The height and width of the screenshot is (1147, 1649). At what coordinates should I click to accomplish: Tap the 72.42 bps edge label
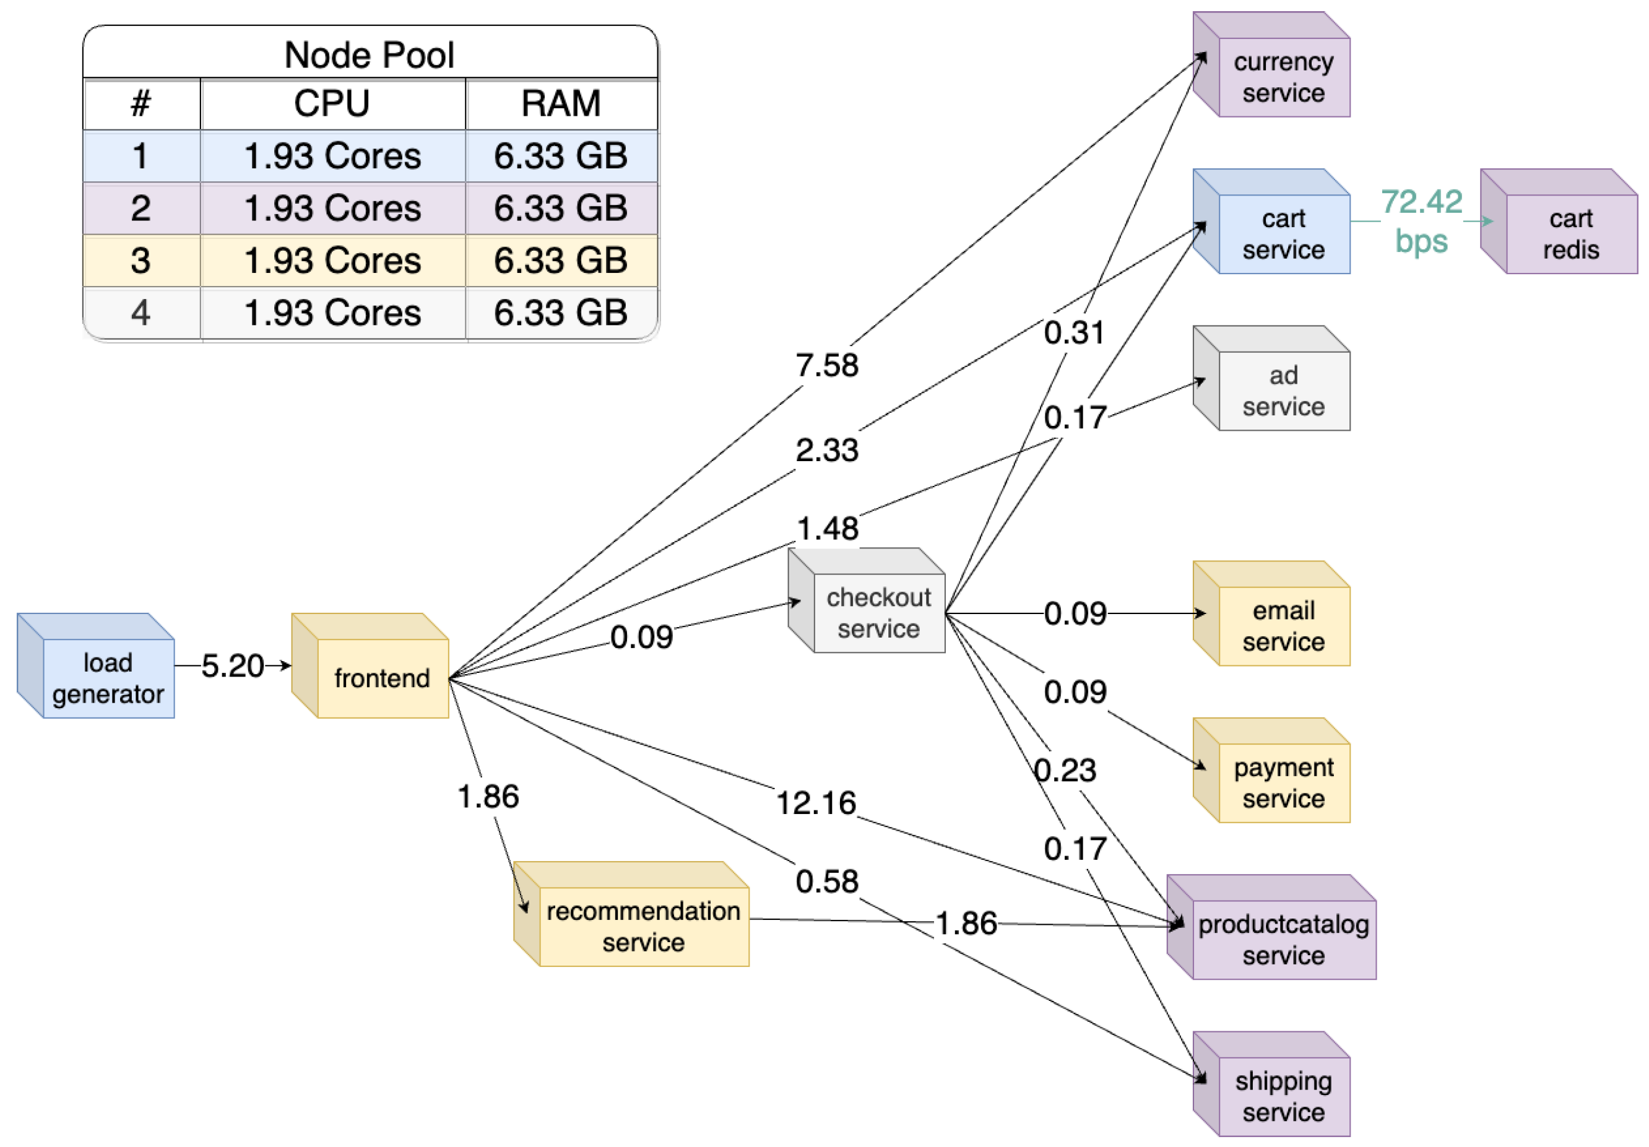coord(1421,220)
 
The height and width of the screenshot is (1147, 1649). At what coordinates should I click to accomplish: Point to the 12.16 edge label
coord(816,802)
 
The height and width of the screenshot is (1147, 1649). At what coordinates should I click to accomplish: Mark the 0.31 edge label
coord(1074,332)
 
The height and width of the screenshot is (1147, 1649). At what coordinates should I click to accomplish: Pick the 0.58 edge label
coord(826,881)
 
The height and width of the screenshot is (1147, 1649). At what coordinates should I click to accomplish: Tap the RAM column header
coord(561,103)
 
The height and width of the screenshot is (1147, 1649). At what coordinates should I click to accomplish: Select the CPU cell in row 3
coord(332,260)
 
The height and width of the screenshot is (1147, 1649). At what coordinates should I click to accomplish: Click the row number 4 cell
coord(141,313)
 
